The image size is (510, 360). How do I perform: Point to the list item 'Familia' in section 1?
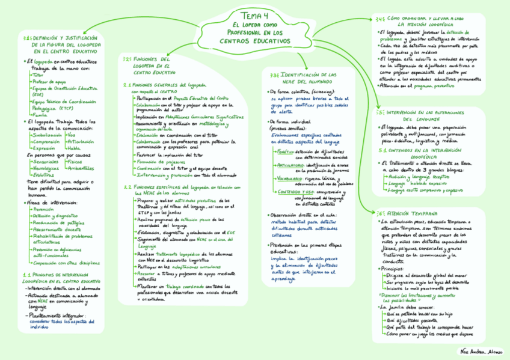[40, 114]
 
